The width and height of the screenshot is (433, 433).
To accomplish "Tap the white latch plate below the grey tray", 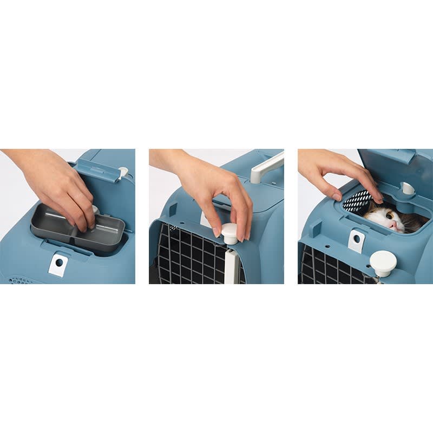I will [58, 265].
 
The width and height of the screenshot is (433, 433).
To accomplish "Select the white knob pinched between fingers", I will [229, 233].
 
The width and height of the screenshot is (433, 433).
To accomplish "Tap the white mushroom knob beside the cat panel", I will [383, 263].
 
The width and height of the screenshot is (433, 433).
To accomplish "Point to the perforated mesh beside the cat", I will [358, 201].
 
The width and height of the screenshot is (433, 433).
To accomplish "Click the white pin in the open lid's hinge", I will [407, 189].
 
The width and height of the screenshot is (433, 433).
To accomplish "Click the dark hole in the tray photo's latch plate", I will [59, 263].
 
